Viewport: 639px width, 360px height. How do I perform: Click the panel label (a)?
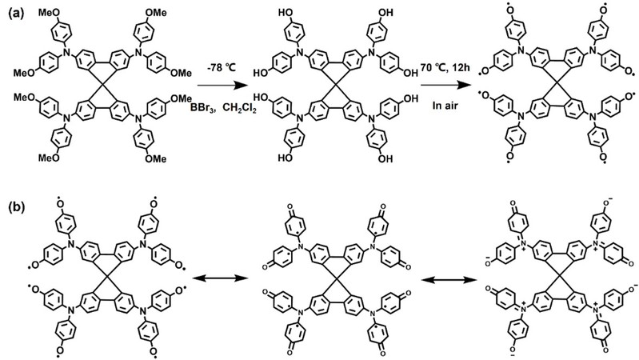[x=15, y=12]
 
